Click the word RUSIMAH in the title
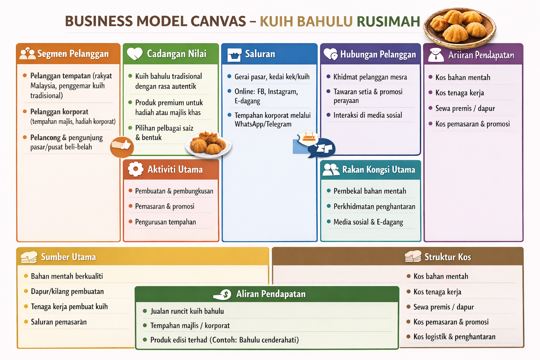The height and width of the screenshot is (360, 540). tap(388, 21)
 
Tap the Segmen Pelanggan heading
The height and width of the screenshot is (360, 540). tap(73, 54)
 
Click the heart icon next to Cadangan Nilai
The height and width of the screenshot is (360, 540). tap(134, 54)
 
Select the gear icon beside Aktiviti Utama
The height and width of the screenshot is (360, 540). tap(135, 169)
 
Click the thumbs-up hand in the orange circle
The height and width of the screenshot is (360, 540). tap(122, 146)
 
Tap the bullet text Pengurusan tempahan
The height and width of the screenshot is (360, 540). tap(165, 222)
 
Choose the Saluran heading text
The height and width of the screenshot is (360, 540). tap(260, 54)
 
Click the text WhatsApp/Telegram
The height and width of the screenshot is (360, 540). tap(263, 124)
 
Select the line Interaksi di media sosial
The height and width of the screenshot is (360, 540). tap(367, 115)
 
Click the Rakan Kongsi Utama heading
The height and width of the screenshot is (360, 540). tap(378, 170)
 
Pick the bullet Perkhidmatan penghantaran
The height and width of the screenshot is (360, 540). tap(374, 206)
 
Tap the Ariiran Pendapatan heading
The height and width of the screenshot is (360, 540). tap(481, 55)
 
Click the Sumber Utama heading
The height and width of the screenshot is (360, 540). tap(69, 257)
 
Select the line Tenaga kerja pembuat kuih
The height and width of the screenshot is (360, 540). tap(69, 307)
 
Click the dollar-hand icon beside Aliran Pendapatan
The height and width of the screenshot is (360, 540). tap(223, 294)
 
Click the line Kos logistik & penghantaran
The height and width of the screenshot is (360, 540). tap(454, 337)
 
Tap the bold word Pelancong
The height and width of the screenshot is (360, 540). tap(45, 137)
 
